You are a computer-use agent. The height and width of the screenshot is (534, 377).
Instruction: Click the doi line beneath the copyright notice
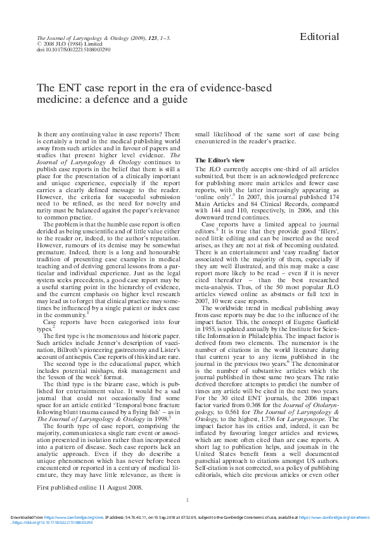click(74, 49)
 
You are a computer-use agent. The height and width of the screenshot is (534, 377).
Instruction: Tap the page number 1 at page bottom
click(188, 500)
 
